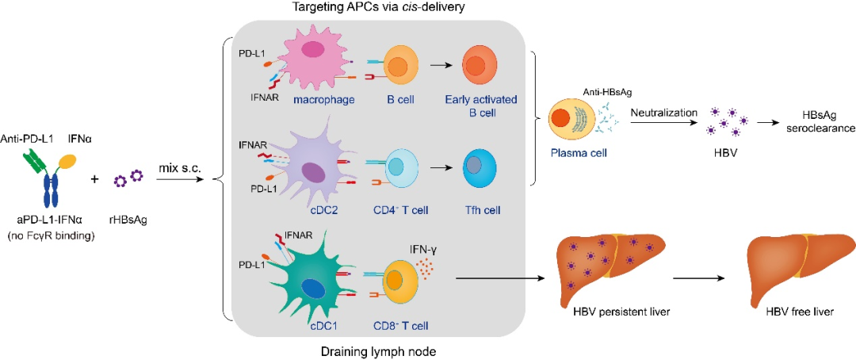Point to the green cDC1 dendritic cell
[x=308, y=278]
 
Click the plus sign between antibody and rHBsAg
[x=94, y=179]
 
